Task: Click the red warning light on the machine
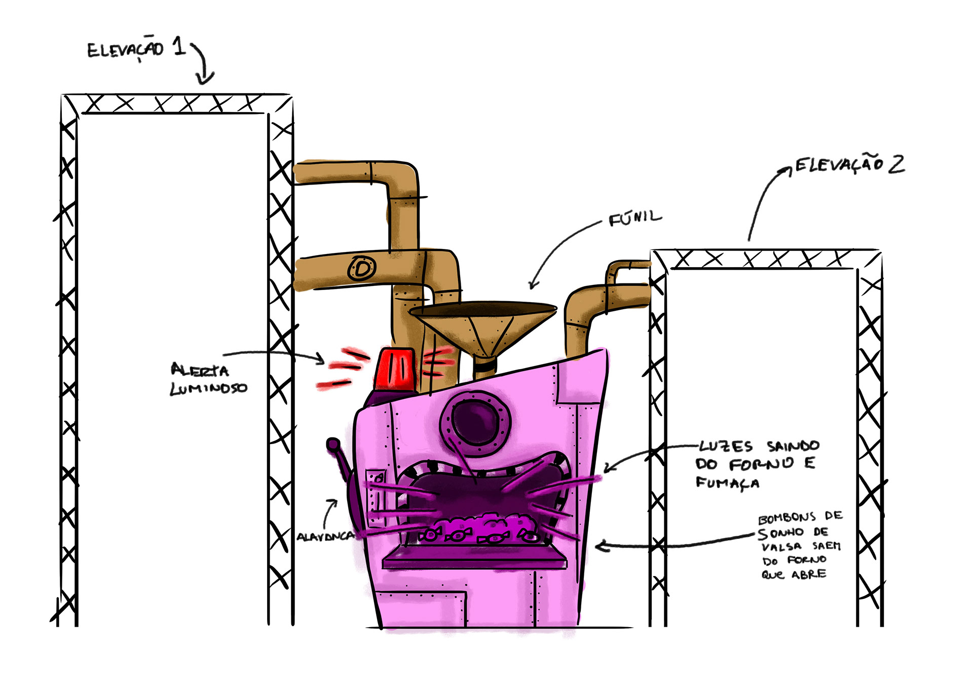(395, 370)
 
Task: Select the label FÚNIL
(635, 218)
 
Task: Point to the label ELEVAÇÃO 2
(850, 164)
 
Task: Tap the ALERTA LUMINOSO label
(208, 379)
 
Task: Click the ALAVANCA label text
(325, 536)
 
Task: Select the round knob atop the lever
(333, 445)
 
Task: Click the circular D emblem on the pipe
(362, 268)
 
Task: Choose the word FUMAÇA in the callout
(727, 483)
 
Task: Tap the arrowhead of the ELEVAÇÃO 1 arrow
(205, 78)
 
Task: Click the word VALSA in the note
(781, 547)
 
